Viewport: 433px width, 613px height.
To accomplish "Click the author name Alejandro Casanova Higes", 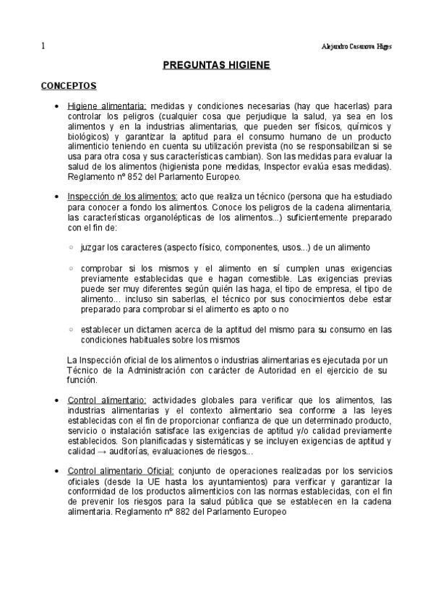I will (x=356, y=46).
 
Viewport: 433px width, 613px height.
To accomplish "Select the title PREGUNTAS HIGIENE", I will (x=215, y=66).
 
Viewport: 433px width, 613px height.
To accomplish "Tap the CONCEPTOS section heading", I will (x=69, y=85).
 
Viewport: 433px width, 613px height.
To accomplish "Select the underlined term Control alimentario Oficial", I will (x=121, y=471).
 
